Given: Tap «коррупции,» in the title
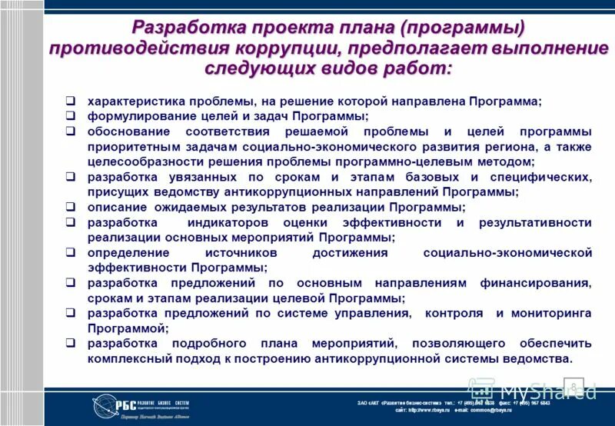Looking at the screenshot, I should [x=288, y=48].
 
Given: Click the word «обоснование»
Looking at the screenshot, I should [x=126, y=131].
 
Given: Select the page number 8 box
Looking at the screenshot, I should [x=573, y=385].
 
